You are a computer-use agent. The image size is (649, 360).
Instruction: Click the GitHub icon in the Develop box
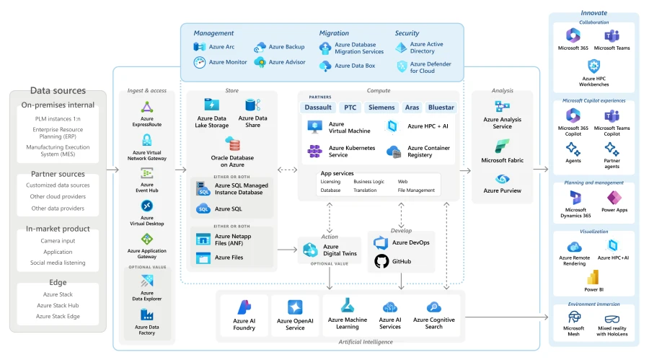pos(381,261)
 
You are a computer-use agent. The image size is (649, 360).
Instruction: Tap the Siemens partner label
pos(381,107)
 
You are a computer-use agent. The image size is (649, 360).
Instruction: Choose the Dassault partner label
pos(318,107)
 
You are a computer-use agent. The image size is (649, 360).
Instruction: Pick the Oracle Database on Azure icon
pos(233,143)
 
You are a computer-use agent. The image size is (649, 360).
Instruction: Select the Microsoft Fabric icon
pos(502,146)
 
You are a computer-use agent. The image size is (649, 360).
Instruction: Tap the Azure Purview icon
pos(502,178)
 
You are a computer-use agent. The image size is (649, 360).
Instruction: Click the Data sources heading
pos(58,91)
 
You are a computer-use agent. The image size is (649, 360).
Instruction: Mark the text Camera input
pos(58,240)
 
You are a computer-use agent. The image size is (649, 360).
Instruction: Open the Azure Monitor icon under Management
pos(200,62)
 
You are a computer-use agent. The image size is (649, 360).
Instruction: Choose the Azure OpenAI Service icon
pos(295,307)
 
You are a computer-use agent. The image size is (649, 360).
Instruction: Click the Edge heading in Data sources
pos(58,283)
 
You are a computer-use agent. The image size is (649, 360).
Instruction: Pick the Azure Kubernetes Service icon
pos(315,152)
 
